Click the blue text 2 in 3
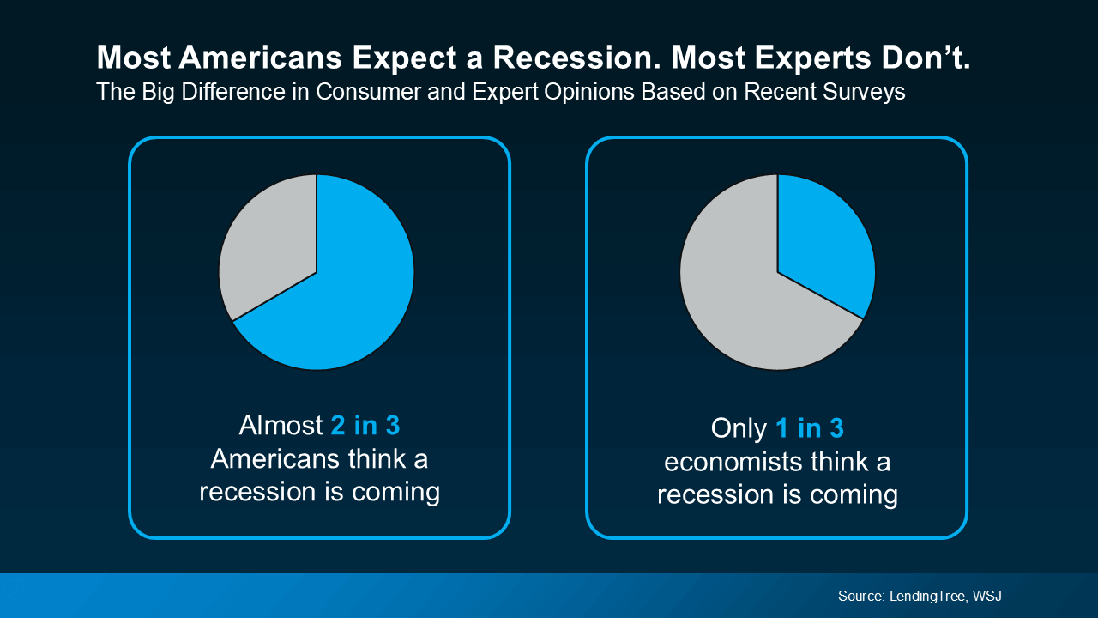(365, 426)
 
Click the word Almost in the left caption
(281, 426)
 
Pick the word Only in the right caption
(737, 428)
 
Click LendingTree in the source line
(926, 596)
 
